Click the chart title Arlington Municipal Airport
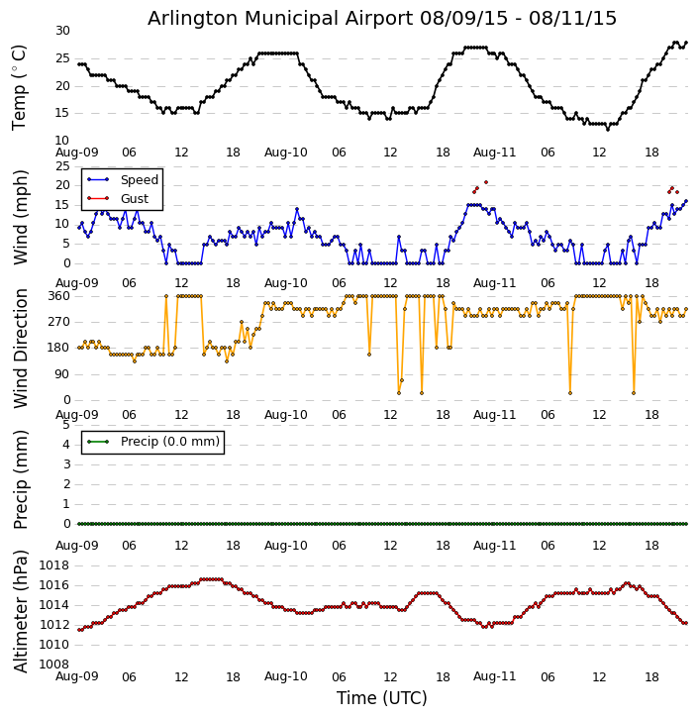pos(382,18)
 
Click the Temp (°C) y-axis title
pos(20,86)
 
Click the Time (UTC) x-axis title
pos(382,698)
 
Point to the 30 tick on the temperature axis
pos(62,31)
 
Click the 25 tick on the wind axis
pos(62,166)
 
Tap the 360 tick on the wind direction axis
pos(58,296)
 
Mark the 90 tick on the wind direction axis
pos(62,374)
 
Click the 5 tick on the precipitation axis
pos(65,425)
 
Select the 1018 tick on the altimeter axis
pos(54,565)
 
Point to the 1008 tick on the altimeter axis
pos(54,664)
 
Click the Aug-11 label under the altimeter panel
pos(495,676)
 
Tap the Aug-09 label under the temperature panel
pos(77,153)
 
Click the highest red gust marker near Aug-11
pos(486,182)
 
